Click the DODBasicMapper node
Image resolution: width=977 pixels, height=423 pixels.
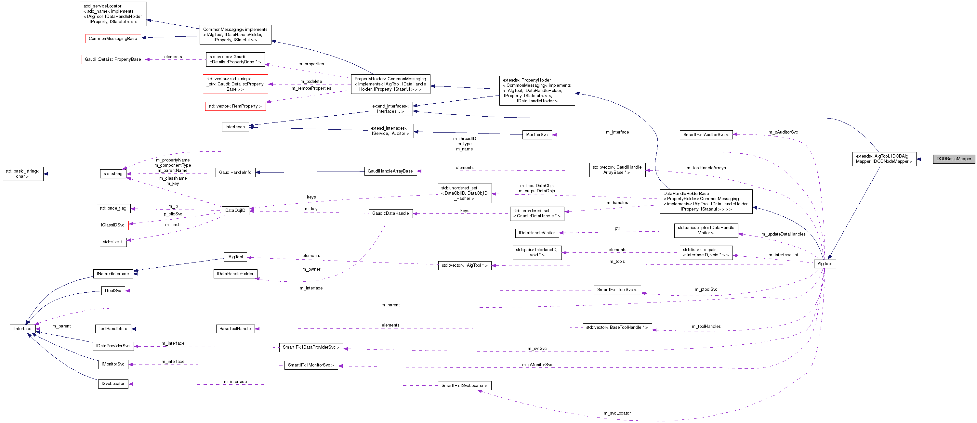[x=954, y=159]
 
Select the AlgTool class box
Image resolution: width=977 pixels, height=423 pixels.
[x=825, y=264]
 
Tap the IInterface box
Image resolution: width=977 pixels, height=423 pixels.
[x=22, y=329]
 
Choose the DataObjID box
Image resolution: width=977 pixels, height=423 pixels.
[x=235, y=211]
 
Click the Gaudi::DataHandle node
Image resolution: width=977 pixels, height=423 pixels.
[x=390, y=213]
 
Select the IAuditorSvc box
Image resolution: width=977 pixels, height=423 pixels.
[x=537, y=135]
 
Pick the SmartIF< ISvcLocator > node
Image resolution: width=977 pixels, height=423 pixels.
[x=464, y=385]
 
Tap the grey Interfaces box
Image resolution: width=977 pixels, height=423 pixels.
[x=235, y=127]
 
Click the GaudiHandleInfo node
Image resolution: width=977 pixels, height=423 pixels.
[x=235, y=173]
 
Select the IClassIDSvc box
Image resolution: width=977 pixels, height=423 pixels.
[x=112, y=225]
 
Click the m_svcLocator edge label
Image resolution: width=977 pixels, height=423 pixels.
[x=617, y=413]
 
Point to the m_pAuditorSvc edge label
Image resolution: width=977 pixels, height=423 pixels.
[x=783, y=132]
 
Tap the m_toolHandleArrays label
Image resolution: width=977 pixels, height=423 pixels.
[x=706, y=168]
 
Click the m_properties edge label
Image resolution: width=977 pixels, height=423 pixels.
[x=311, y=64]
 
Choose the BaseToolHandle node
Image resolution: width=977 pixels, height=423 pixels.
[x=235, y=329]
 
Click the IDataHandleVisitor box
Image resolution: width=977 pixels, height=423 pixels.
[x=537, y=233]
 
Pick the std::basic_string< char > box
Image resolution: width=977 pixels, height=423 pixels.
[x=22, y=174]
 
